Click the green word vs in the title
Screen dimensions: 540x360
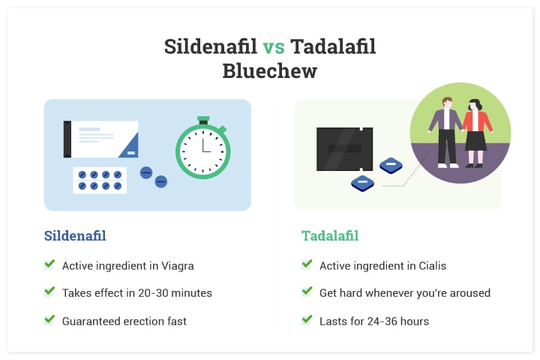tap(274, 47)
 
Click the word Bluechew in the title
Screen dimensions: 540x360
tap(270, 71)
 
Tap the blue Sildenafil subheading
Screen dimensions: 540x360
tap(75, 236)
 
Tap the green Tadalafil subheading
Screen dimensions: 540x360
tap(330, 236)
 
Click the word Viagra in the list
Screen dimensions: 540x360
tap(177, 266)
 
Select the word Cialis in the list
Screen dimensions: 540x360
tap(432, 265)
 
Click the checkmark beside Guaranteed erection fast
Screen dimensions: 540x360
tap(49, 319)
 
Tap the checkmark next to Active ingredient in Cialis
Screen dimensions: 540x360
tap(307, 264)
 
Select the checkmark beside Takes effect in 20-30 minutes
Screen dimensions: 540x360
tap(49, 292)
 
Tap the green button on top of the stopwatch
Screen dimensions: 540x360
tap(203, 119)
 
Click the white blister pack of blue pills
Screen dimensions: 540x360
tap(100, 180)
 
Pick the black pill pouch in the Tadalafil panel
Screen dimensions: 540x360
tap(345, 149)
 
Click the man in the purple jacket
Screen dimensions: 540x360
tap(446, 132)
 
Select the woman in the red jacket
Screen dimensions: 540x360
tap(476, 133)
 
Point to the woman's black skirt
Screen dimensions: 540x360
tap(475, 141)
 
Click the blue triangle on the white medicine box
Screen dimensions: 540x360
tap(130, 147)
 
